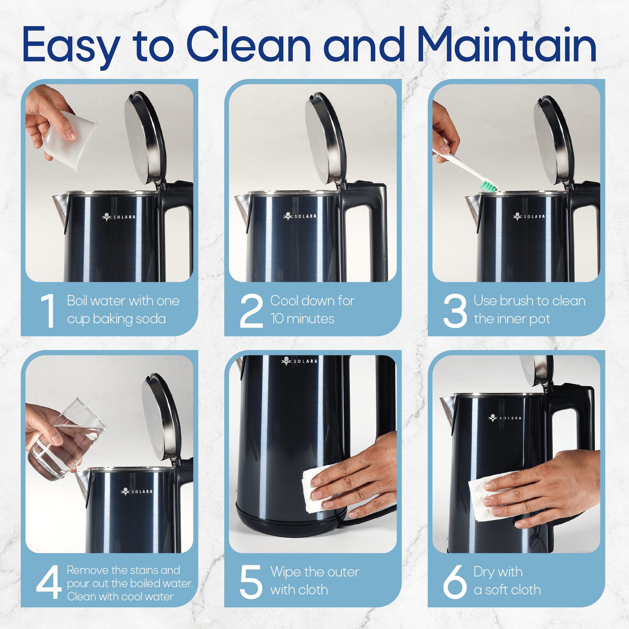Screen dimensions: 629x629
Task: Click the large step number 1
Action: tap(48, 311)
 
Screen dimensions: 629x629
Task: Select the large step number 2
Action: tap(251, 311)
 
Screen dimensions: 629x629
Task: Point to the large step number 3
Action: tap(455, 311)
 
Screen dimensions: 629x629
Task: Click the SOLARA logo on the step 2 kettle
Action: tap(299, 216)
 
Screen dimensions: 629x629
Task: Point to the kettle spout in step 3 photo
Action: tap(472, 209)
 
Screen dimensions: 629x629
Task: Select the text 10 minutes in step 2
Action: tap(302, 319)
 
